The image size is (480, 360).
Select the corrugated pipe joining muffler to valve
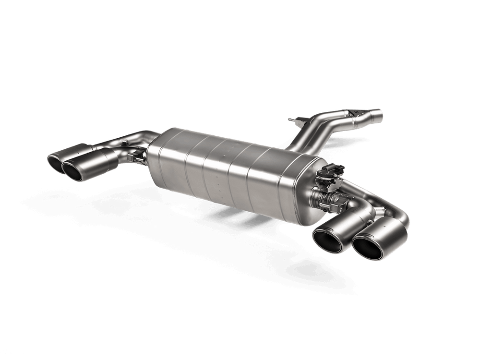319,196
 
